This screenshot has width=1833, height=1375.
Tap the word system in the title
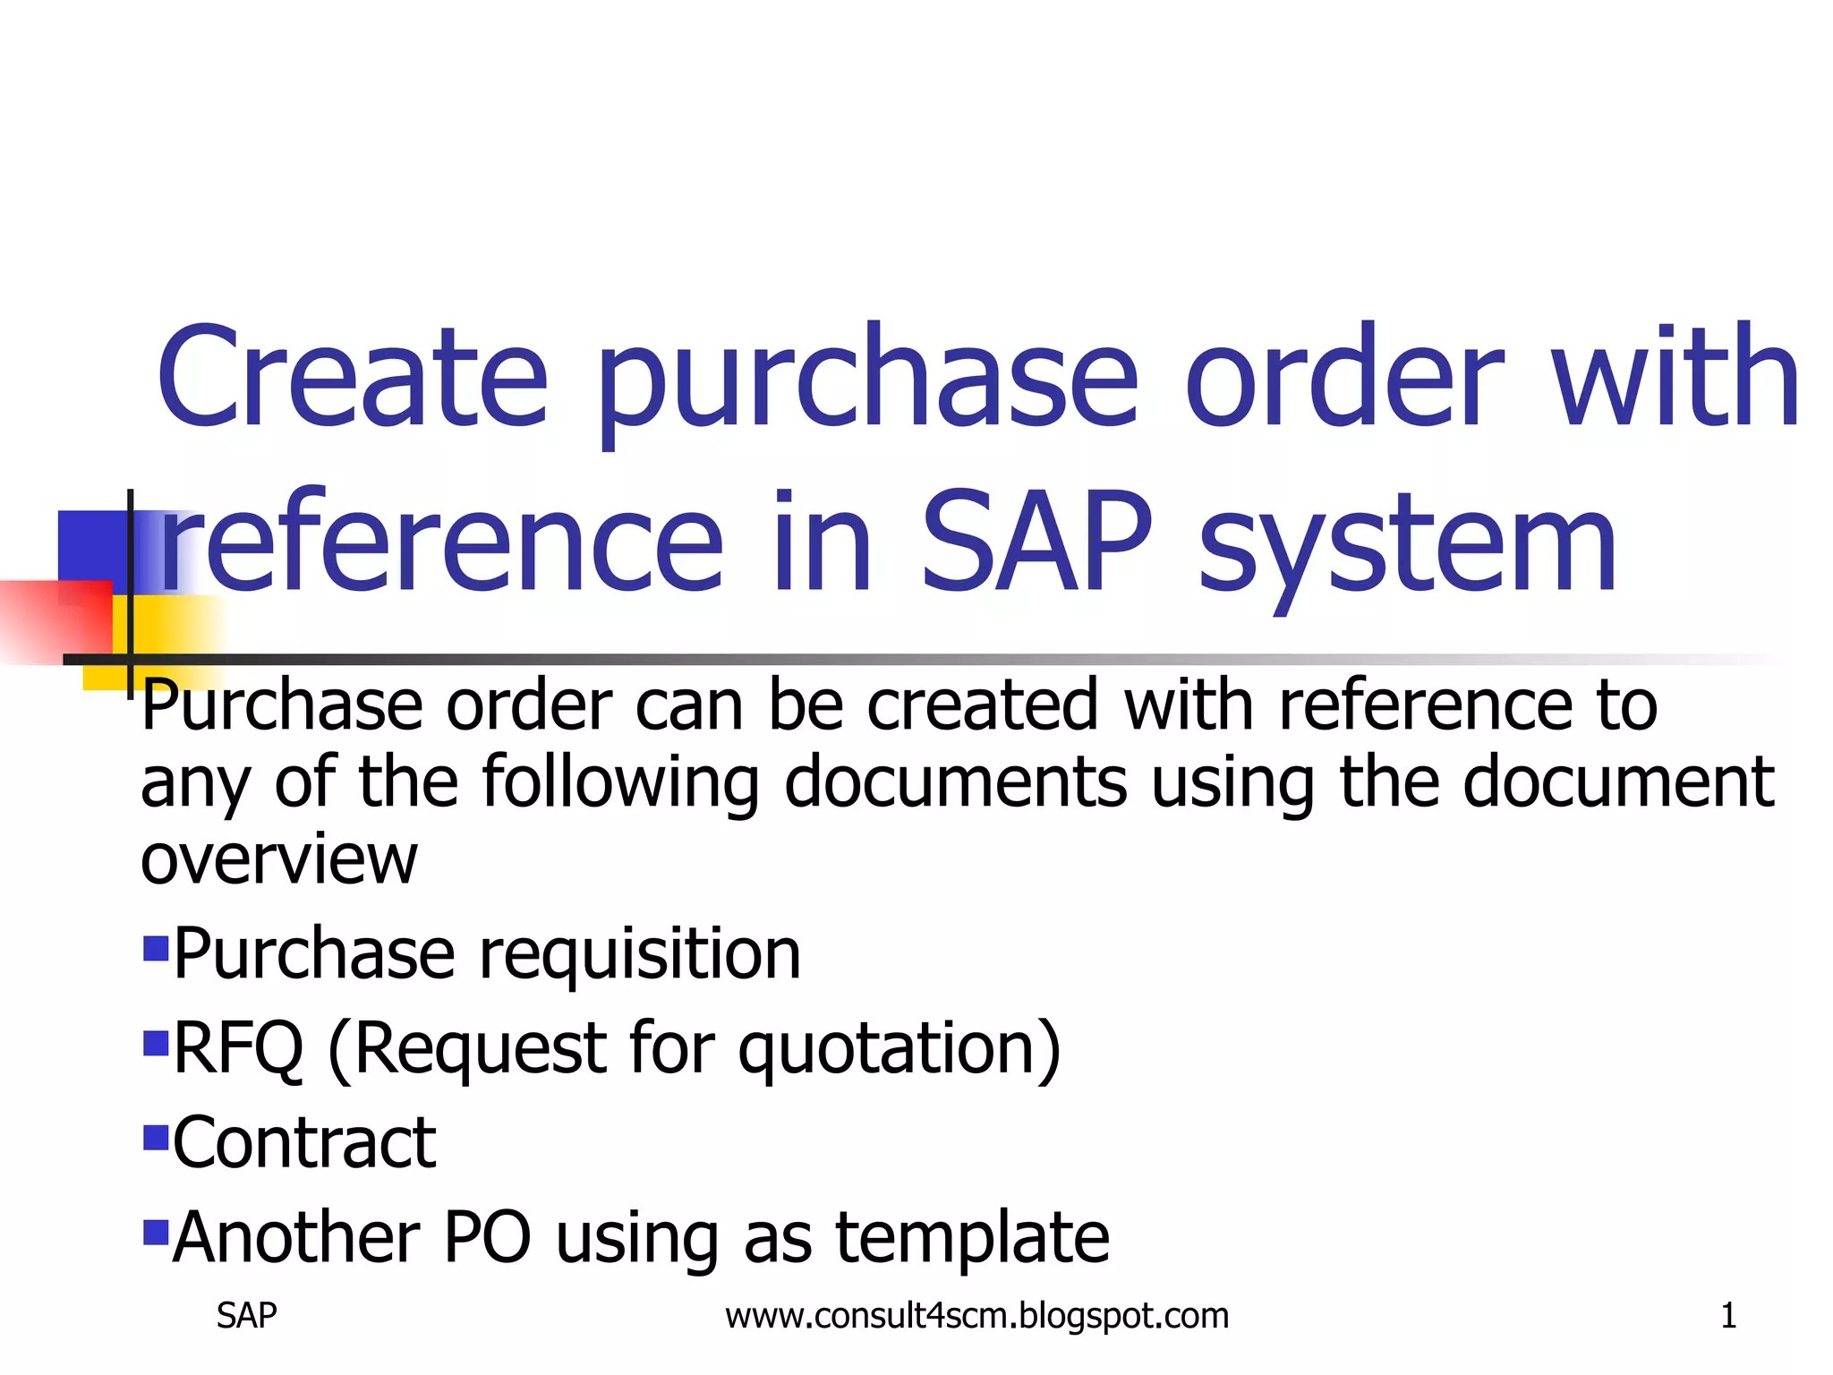point(1408,546)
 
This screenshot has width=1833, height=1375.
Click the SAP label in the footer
point(246,1316)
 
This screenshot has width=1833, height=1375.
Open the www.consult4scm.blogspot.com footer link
point(976,1316)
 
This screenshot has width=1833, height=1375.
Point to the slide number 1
point(1728,1316)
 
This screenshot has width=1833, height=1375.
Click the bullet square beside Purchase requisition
point(156,948)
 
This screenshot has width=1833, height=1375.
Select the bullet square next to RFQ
point(156,1043)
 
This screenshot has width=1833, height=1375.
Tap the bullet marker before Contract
point(156,1138)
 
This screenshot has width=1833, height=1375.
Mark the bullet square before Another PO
point(156,1233)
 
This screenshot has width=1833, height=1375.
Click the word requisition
point(640,956)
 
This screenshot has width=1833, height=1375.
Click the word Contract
point(304,1143)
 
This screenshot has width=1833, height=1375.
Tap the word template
point(973,1239)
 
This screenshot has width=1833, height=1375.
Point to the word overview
point(278,859)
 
